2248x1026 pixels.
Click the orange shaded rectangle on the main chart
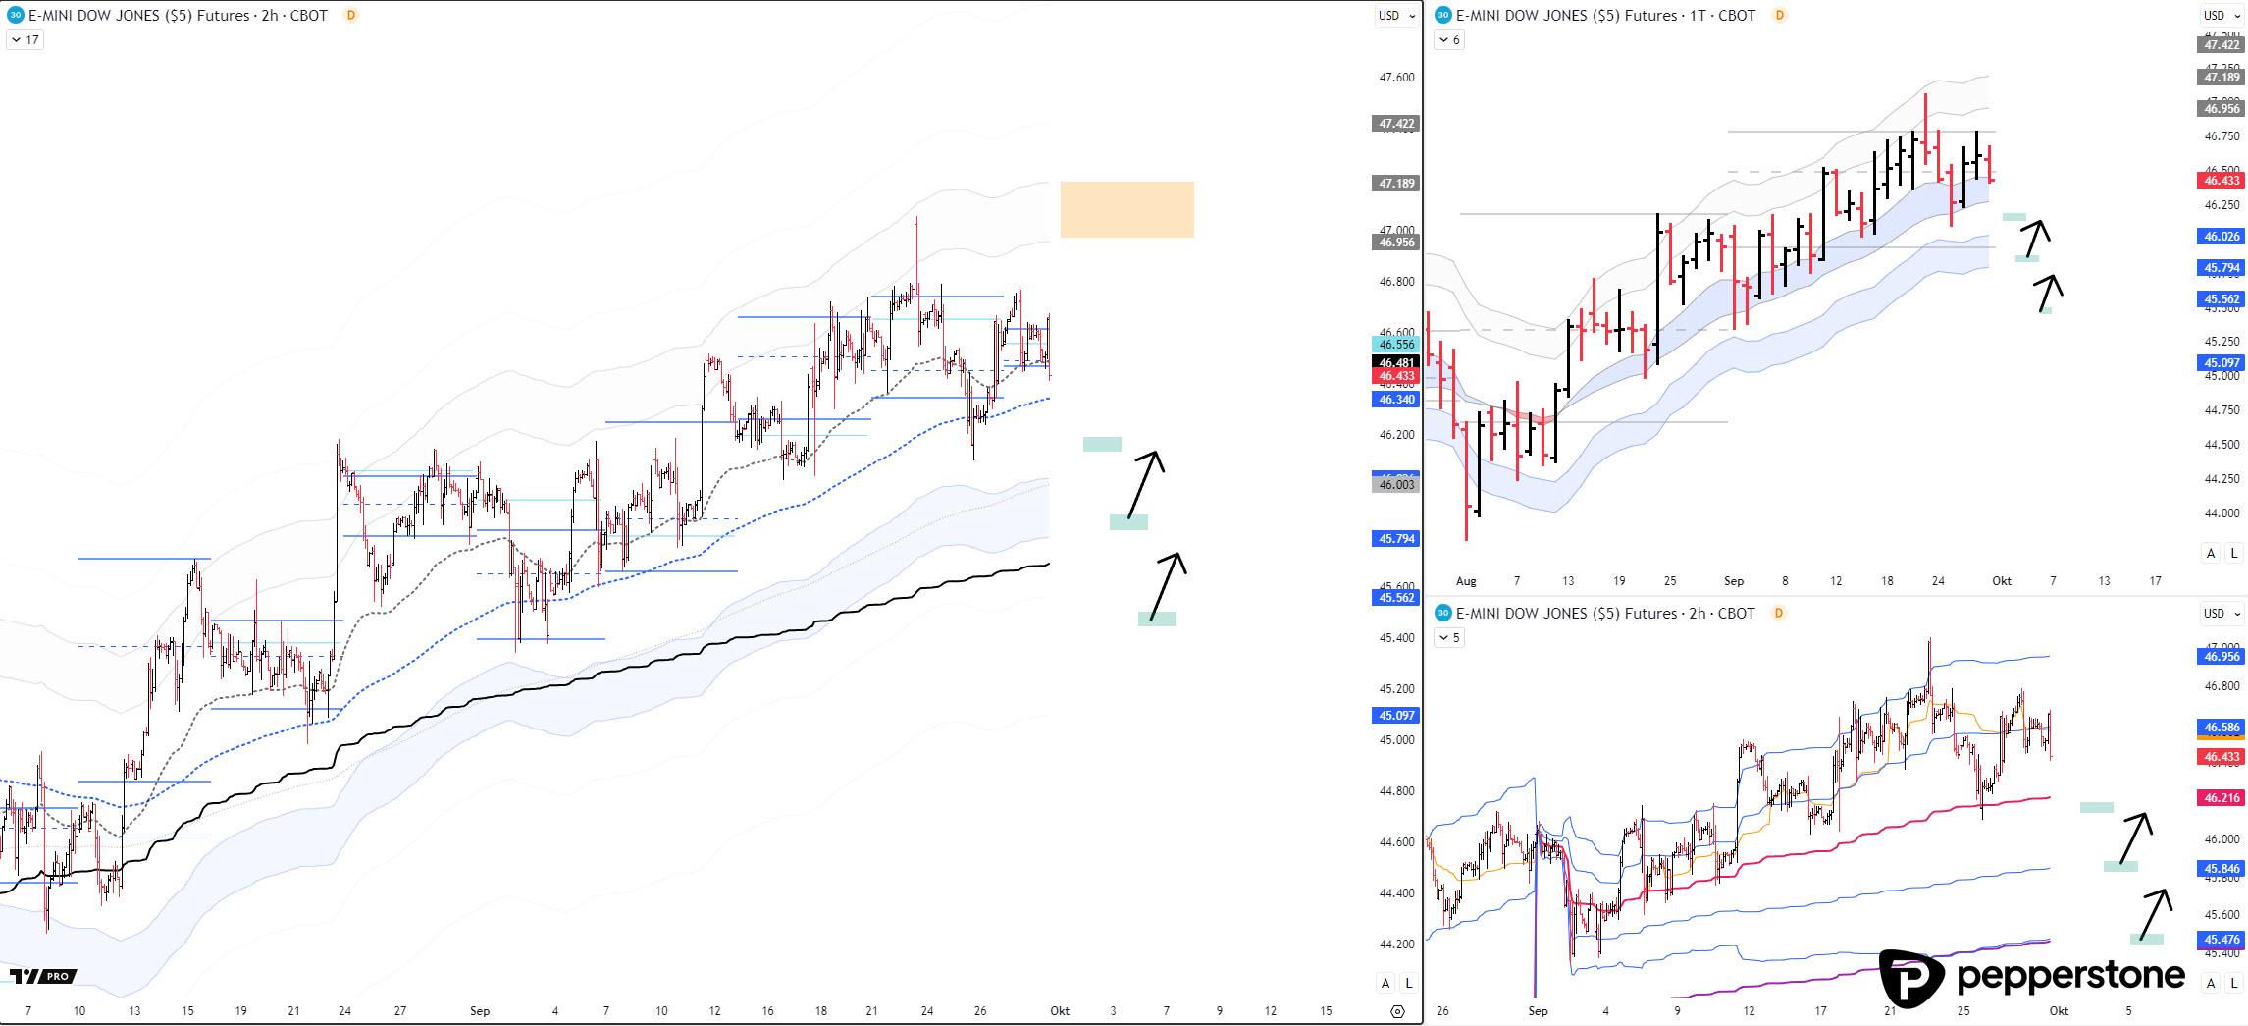tap(1126, 209)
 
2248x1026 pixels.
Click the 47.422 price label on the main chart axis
tap(1396, 124)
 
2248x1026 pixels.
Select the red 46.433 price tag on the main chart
tap(1396, 376)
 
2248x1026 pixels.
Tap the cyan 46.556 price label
tap(1396, 345)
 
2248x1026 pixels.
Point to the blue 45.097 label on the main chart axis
tap(1396, 716)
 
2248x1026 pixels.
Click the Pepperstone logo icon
tap(1910, 978)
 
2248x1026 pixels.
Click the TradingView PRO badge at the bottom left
tap(43, 976)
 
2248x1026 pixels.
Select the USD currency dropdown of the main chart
tap(1396, 16)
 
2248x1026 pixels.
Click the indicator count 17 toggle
tap(26, 40)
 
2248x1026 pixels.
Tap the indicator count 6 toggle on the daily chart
tap(1449, 40)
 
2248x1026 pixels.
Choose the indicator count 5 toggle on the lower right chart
tap(1449, 638)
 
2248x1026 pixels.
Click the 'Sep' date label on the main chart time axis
tap(480, 1011)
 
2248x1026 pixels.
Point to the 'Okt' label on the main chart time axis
tap(1060, 1011)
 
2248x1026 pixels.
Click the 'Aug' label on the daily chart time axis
tap(1466, 581)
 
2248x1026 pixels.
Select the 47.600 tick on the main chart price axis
tap(1396, 78)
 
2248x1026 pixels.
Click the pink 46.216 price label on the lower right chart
tap(2222, 798)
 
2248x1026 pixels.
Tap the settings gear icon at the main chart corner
tap(1398, 1011)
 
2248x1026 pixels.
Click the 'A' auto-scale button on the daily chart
tap(2211, 553)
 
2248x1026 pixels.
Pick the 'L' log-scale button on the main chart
tap(1409, 983)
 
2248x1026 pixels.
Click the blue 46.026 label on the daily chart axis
tap(2222, 237)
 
